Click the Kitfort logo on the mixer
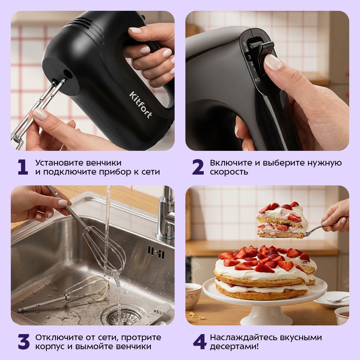[x=140, y=104]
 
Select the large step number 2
[x=198, y=167]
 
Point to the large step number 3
[x=24, y=342]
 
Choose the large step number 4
[x=200, y=342]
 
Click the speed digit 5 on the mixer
[x=244, y=44]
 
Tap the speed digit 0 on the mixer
[x=258, y=80]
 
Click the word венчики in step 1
[x=104, y=163]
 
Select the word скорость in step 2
[x=229, y=172]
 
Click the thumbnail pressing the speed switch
[x=273, y=62]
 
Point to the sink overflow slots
[x=156, y=253]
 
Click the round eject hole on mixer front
[x=68, y=74]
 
